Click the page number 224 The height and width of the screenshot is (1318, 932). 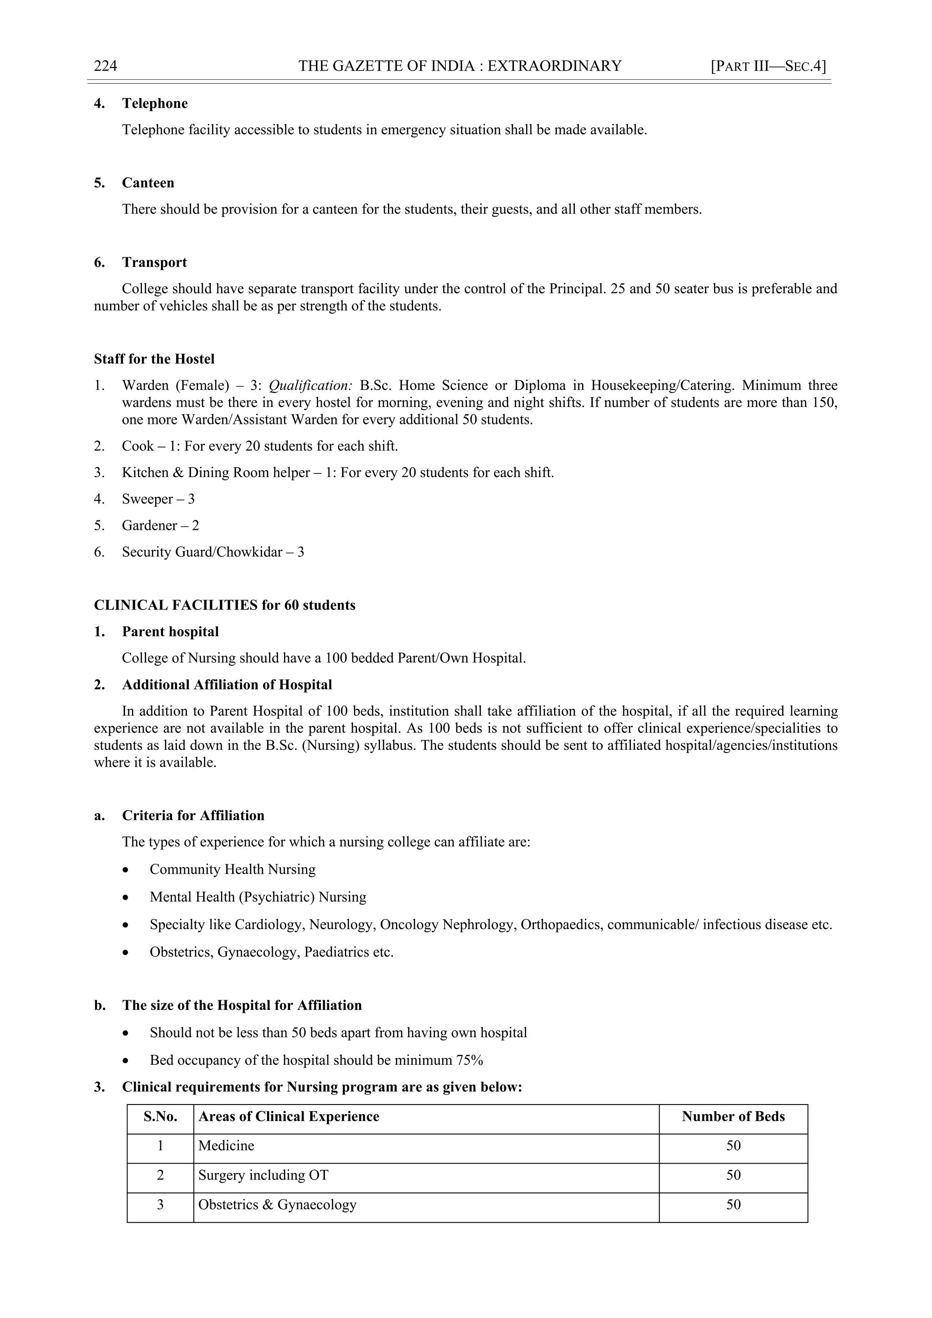tap(106, 66)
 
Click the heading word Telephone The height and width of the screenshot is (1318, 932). tap(154, 103)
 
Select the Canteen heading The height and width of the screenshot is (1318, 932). tap(147, 183)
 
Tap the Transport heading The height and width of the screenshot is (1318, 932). tap(154, 262)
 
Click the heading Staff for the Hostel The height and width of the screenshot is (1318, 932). tap(154, 359)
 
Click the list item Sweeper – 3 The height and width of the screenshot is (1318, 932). tap(158, 499)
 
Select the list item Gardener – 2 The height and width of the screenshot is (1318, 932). tap(160, 525)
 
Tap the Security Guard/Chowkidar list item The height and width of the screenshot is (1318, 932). tap(213, 552)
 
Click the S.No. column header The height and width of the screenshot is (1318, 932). tap(160, 1116)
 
